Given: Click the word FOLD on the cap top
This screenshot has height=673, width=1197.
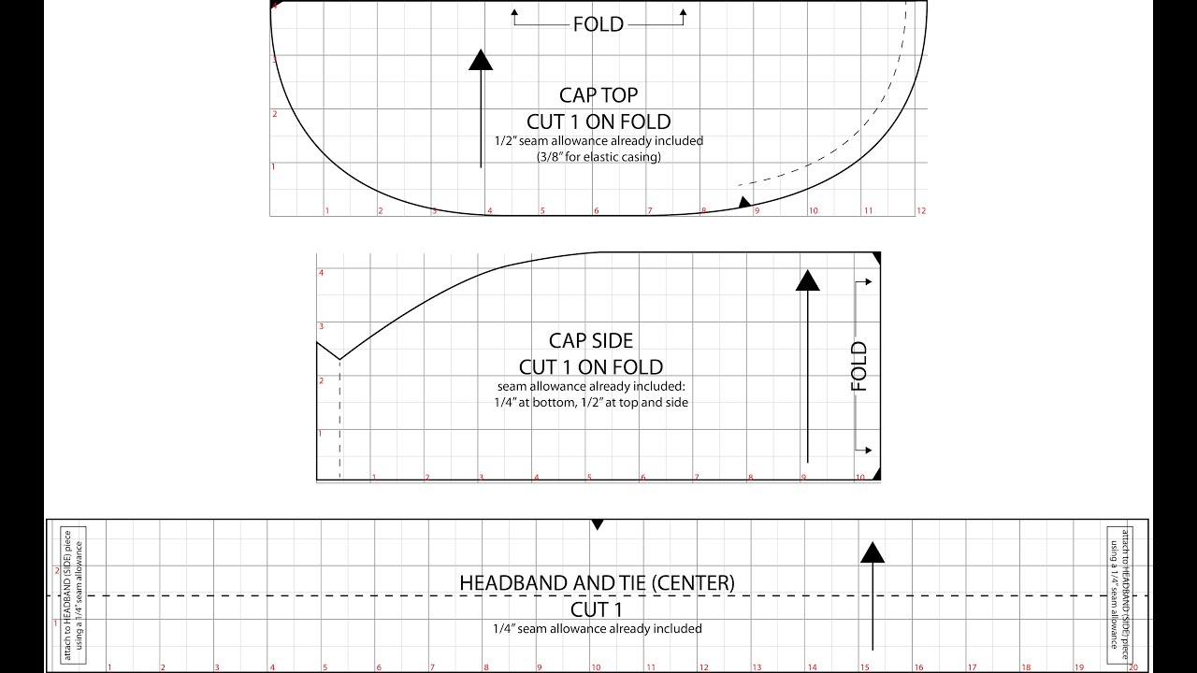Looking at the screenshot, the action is point(598,24).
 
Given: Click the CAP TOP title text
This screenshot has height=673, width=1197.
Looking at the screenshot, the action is point(598,95).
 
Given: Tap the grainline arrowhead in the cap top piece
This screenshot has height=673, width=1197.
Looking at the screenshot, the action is point(481,60).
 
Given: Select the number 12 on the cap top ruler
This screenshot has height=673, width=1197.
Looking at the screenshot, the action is point(921,211).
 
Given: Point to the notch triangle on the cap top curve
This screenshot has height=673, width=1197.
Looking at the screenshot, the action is point(744,202).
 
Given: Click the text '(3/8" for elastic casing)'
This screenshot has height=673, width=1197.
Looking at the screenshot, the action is point(598,156).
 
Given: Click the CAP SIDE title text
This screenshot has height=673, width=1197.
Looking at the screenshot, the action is point(590,341).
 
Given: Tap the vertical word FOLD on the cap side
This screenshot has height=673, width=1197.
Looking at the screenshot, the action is point(859,366).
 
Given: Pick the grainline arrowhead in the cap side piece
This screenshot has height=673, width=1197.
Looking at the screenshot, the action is point(807,279).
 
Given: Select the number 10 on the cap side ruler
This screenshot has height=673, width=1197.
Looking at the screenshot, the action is point(860,478).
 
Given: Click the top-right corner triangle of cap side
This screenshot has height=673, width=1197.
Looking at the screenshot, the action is point(876,257).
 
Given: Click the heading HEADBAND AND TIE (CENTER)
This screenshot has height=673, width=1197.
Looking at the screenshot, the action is point(597,582).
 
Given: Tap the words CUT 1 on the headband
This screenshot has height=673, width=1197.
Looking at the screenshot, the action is point(597,609).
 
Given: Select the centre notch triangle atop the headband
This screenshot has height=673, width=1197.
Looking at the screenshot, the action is point(598,525).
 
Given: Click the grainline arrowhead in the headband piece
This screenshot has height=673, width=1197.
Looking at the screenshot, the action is point(873,552).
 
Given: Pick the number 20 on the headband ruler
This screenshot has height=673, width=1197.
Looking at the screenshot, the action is point(1132,667).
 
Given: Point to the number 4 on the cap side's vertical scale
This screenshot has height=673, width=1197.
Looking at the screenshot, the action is point(321,273).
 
